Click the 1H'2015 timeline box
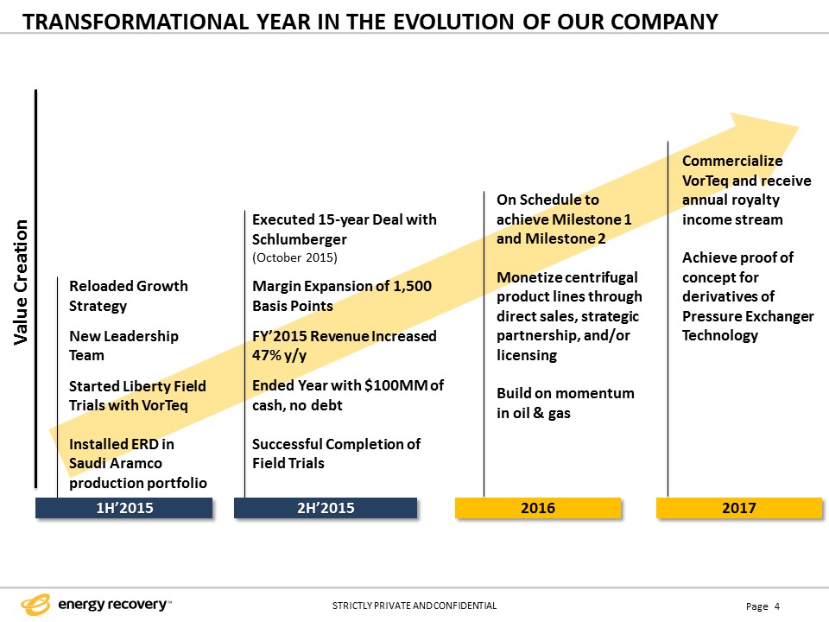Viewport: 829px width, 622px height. (x=124, y=508)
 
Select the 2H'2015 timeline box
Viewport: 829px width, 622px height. (x=325, y=508)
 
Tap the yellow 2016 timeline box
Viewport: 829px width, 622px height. (x=538, y=508)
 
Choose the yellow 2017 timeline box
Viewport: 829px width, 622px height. (x=739, y=508)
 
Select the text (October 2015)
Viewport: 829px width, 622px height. (x=294, y=258)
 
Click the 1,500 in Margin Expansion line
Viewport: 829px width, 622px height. (x=406, y=286)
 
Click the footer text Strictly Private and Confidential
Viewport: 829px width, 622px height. (x=414, y=606)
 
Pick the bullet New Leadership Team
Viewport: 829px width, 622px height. (x=123, y=346)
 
